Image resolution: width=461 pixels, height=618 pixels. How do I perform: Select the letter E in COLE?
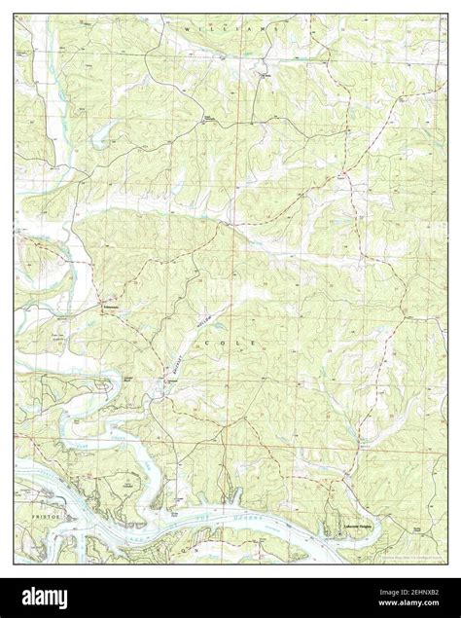point(256,345)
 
